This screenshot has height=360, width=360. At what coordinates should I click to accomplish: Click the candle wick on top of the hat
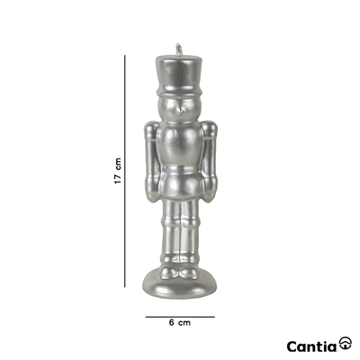point(179,49)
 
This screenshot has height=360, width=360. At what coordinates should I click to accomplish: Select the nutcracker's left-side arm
point(151,161)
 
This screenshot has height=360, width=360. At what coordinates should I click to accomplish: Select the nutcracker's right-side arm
point(209,161)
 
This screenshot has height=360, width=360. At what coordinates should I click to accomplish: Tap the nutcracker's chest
point(180,144)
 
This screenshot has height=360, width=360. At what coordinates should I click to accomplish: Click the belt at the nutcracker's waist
point(181,170)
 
